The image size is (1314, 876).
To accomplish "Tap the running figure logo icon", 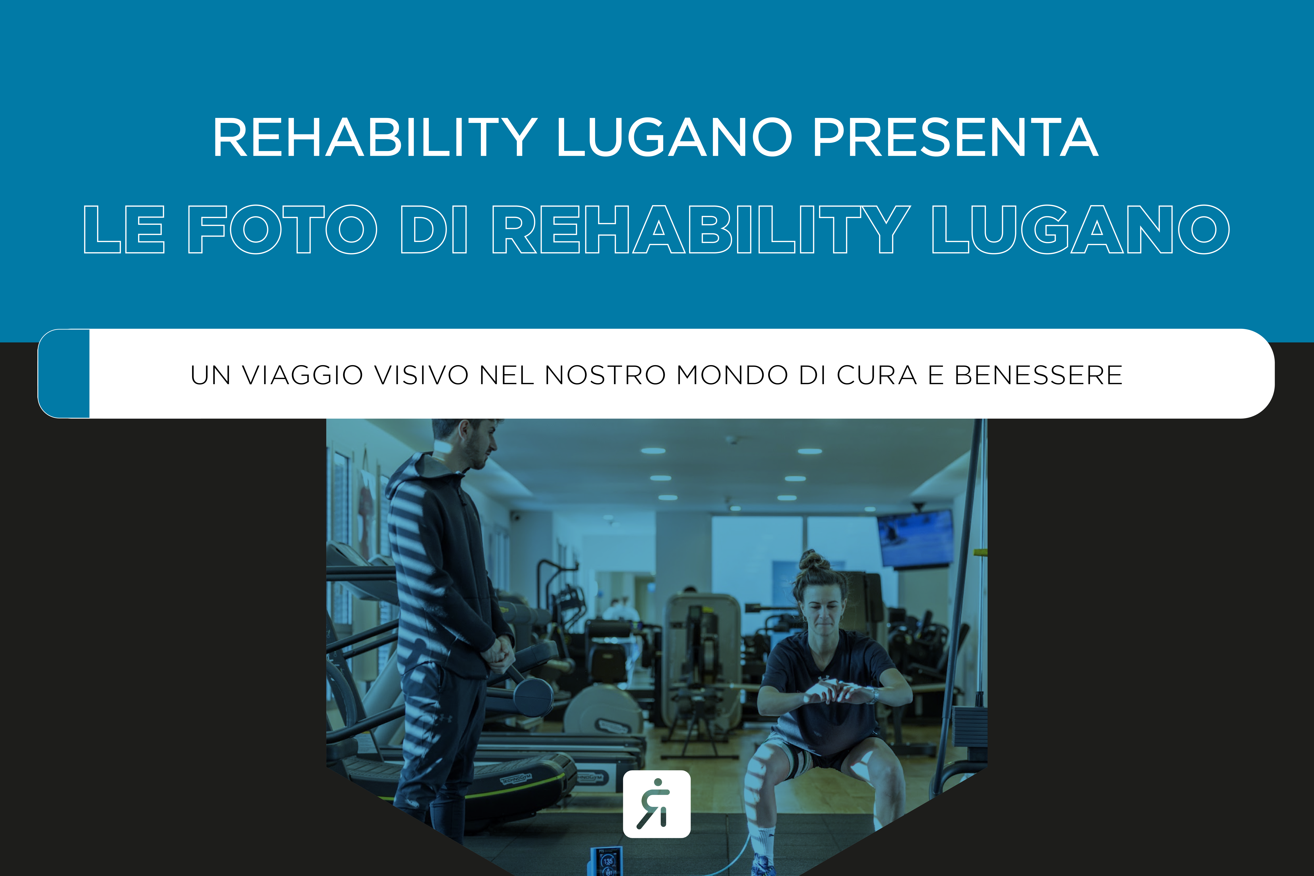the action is point(656,804).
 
